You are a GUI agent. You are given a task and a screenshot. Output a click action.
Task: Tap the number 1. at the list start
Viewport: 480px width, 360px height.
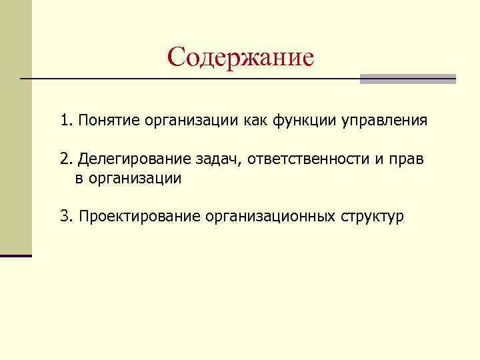66,122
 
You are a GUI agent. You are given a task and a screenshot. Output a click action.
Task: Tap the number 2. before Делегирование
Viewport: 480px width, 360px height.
66,160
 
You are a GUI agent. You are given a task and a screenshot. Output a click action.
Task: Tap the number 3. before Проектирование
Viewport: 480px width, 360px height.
66,217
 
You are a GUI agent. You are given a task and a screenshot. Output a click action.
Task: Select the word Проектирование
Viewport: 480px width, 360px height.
139,217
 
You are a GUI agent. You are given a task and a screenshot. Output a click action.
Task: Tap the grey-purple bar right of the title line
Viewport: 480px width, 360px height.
407,79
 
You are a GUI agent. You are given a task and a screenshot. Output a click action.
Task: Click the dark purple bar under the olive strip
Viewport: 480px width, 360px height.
16,255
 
